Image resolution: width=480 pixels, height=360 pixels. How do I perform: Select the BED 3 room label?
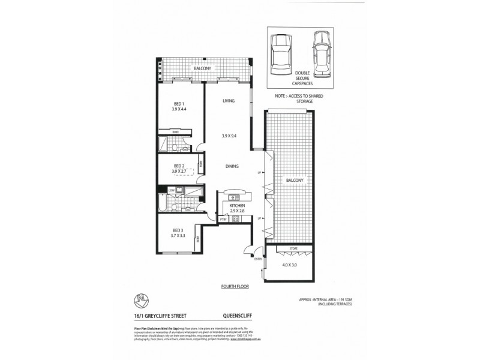(x=178, y=230)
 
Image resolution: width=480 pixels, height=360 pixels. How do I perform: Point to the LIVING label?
(x=227, y=101)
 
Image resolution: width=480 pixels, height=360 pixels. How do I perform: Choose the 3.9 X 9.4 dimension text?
(x=229, y=137)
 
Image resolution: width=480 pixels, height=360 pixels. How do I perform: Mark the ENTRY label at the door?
(x=259, y=259)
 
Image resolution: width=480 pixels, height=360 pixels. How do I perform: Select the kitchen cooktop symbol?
(x=236, y=219)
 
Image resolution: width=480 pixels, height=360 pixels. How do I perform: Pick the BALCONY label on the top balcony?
(x=202, y=69)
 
